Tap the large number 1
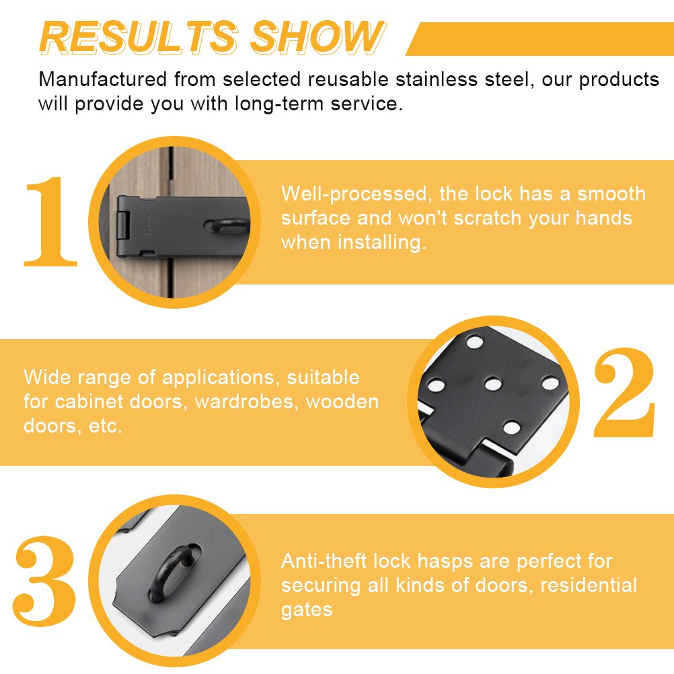50,222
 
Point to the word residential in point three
588,585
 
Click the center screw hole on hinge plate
493,384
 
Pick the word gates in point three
307,609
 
